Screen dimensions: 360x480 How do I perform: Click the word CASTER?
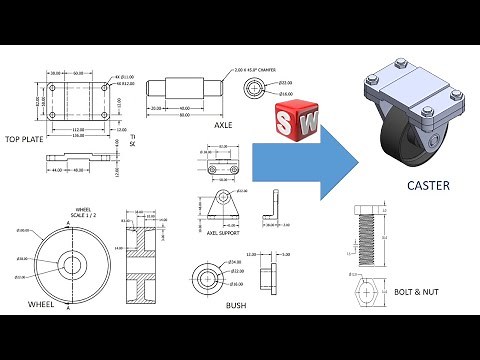click(428, 186)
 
